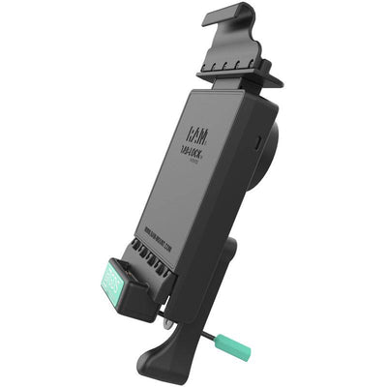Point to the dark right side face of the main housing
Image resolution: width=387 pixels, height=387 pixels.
pos(253,193)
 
